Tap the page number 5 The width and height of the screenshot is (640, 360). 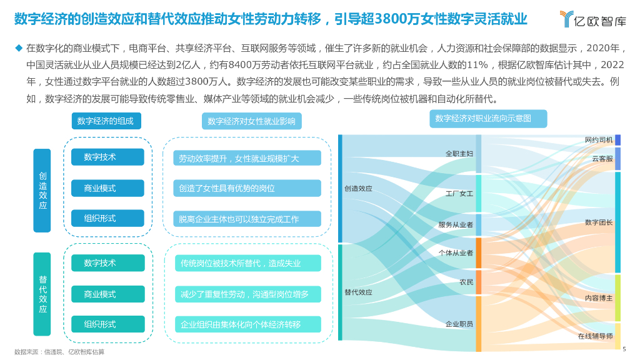(x=624, y=351)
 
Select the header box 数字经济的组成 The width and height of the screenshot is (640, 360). (x=106, y=121)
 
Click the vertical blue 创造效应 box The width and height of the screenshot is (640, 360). (x=42, y=191)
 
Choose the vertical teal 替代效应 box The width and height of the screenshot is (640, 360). (x=42, y=294)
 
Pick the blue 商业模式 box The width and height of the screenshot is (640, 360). (x=107, y=188)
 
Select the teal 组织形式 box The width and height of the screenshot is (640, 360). (x=107, y=324)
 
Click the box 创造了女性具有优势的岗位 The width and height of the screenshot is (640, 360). (x=248, y=188)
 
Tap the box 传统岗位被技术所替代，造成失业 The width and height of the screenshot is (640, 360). (x=248, y=263)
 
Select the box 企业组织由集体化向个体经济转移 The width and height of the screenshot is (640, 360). (x=248, y=324)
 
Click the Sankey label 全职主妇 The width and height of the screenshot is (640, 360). (x=459, y=153)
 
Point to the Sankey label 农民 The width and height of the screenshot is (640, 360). (x=466, y=282)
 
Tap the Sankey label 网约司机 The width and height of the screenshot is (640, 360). (x=599, y=139)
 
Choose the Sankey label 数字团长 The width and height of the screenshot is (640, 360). (x=599, y=222)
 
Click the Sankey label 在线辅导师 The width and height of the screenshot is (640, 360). (x=595, y=336)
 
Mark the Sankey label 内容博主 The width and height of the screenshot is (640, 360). (x=599, y=298)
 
